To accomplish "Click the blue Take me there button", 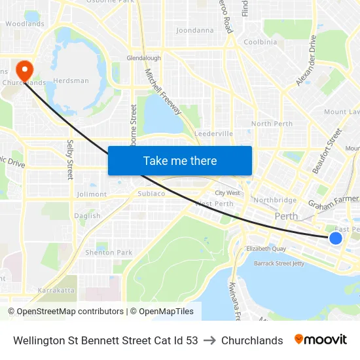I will click(179, 161).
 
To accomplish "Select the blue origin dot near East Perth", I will click(335, 238).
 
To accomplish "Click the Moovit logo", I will click(321, 340).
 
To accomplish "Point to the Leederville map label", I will click(213, 134).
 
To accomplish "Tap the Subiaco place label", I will click(151, 194).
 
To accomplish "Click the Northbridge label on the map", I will click(275, 200).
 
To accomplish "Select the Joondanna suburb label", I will click(195, 30).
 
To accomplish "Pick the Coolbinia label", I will click(260, 42).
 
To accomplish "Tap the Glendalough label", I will click(144, 58).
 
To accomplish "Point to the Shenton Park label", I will click(109, 253).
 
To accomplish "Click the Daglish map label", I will click(87, 216).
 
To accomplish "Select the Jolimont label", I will click(91, 194).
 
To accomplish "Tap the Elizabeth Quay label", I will click(266, 249).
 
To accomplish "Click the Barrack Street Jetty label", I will click(280, 263).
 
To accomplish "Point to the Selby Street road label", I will click(70, 160).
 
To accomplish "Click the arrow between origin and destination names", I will click(209, 340).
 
